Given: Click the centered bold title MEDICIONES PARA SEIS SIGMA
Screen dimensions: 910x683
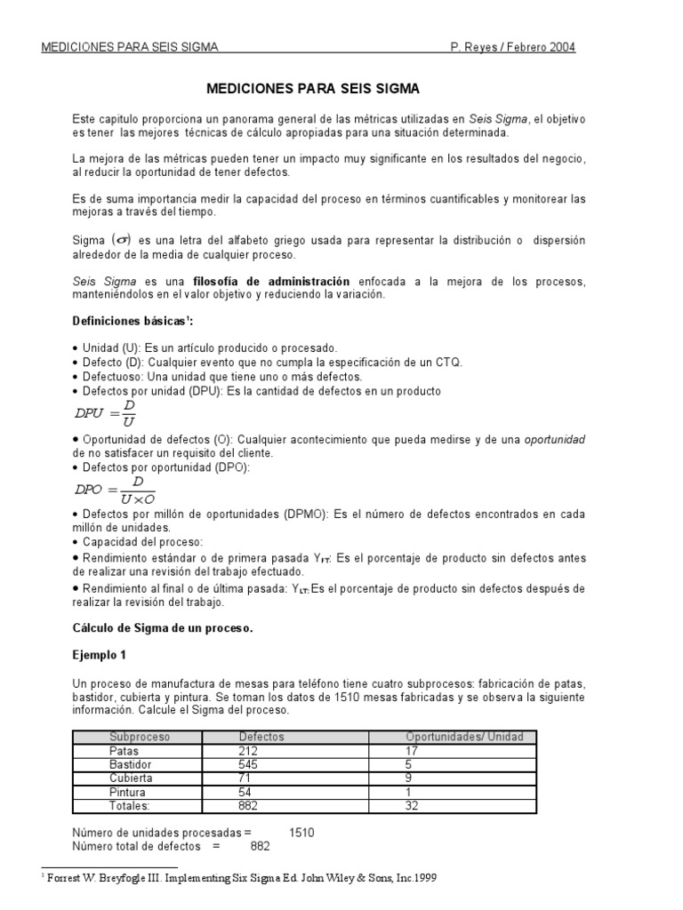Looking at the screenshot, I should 312,89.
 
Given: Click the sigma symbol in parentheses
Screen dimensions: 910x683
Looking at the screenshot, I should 119,240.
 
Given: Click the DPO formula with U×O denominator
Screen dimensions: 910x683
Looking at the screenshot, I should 114,490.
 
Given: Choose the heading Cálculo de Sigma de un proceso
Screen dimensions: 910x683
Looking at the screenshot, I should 163,627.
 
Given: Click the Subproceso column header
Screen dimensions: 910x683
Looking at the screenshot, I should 140,737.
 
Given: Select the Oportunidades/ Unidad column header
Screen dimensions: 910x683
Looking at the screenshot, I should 464,737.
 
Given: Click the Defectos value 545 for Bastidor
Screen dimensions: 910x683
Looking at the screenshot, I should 251,764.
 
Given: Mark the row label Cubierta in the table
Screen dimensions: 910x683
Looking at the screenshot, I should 131,778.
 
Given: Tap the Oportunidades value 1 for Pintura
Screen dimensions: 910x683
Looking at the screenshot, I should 408,792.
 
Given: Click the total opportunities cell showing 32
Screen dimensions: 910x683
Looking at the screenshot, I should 412,805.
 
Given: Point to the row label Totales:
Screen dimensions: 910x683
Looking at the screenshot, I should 130,805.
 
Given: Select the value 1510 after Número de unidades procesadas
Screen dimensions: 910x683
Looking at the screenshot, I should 301,833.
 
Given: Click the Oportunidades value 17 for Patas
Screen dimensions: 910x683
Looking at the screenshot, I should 412,751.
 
